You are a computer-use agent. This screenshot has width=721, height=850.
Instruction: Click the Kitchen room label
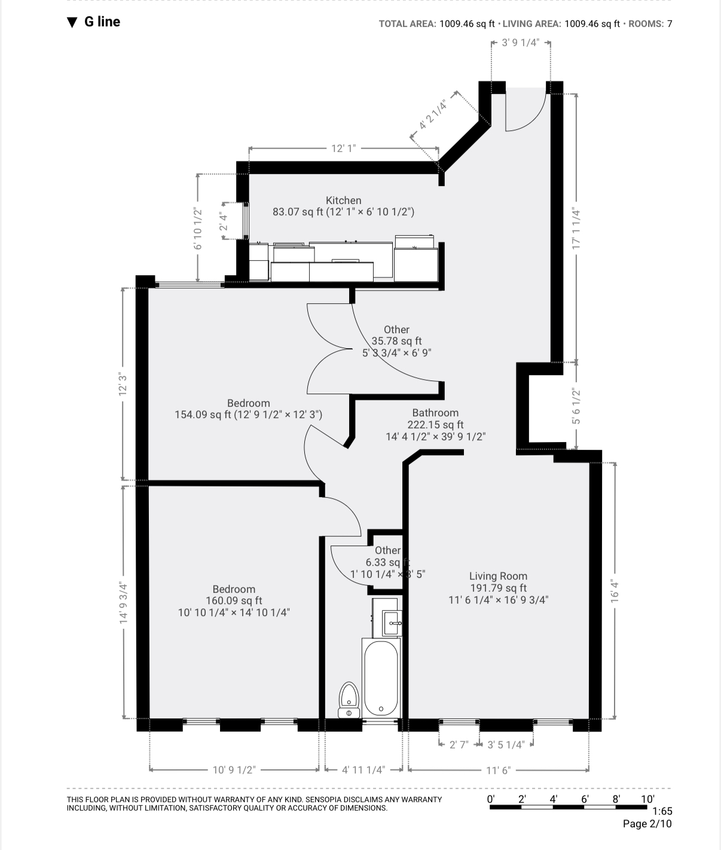[343, 200]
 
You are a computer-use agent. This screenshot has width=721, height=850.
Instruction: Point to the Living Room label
[498, 576]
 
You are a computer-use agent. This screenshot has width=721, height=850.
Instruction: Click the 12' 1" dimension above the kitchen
[343, 148]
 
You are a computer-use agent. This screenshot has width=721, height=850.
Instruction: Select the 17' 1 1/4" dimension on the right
[576, 228]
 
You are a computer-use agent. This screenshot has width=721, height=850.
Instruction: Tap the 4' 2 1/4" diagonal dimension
[433, 115]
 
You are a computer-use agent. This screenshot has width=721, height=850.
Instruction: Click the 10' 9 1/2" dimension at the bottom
[234, 770]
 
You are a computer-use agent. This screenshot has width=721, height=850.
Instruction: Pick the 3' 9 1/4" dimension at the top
[520, 43]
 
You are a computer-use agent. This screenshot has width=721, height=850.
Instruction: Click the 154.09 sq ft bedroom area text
[248, 415]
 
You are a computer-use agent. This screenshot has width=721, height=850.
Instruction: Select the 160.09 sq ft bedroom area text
[234, 601]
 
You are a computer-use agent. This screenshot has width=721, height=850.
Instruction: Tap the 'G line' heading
[102, 22]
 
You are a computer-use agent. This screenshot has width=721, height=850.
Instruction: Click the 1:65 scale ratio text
[662, 812]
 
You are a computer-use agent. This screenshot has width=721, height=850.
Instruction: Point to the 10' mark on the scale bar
[647, 799]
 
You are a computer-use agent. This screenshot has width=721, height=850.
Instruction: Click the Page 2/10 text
[647, 824]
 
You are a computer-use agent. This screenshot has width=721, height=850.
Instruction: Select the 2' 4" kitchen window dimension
[224, 221]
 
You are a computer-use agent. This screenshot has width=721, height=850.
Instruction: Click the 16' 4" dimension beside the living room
[614, 590]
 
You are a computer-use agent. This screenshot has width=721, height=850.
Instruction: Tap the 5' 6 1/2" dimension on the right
[576, 407]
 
